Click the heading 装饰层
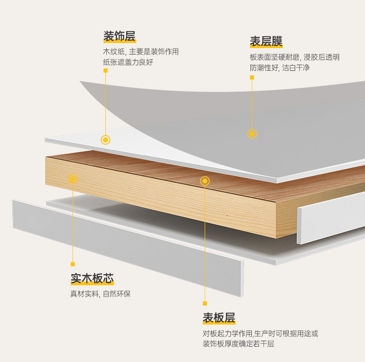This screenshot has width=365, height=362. tap(119, 36)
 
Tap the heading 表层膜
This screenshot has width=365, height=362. tap(266, 42)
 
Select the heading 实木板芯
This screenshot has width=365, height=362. tap(92, 278)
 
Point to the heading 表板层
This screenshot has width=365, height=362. tap(219, 318)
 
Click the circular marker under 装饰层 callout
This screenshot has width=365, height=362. tap(105, 140)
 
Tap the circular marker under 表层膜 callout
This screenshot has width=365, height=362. tap(252, 134)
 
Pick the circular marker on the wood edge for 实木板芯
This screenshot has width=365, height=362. tap(73, 179)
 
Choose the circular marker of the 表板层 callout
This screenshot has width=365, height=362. tap(205, 181)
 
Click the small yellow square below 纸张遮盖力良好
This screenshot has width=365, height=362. tap(105, 71)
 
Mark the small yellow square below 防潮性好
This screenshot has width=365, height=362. tap(252, 77)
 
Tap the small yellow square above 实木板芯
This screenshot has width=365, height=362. tap(73, 264)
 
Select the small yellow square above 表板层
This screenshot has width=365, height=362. tap(205, 303)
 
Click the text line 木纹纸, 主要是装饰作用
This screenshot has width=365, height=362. tap(140, 51)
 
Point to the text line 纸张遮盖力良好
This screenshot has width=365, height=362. tap(128, 61)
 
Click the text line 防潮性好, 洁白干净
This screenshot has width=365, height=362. tap(280, 67)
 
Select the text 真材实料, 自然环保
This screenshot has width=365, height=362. tap(100, 294)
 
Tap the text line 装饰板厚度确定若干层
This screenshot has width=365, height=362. tap(238, 344)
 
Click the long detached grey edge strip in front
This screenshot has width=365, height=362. tap(127, 247)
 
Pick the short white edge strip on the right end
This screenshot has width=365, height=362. tap(330, 217)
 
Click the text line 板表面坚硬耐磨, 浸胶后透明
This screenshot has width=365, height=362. tap(294, 57)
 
